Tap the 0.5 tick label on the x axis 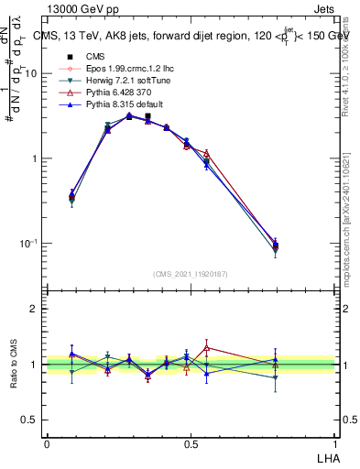pyautogui.click(x=191, y=442)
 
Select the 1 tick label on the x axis pyautogui.click(x=334, y=442)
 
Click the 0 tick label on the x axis pyautogui.click(x=47, y=442)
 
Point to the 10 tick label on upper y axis pyautogui.click(x=30, y=73)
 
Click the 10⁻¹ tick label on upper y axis pyautogui.click(x=27, y=244)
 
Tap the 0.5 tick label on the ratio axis pyautogui.click(x=29, y=420)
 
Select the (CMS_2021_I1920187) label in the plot pyautogui.click(x=190, y=275)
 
